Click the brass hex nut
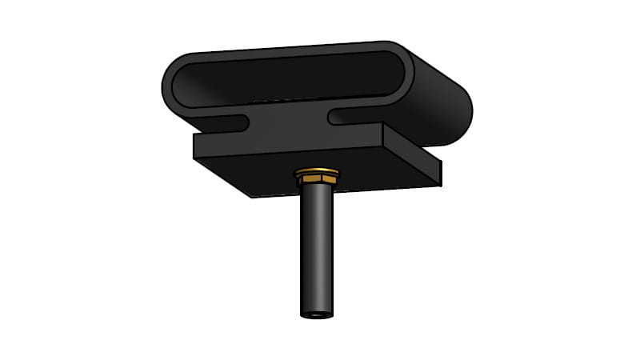(x=317, y=174)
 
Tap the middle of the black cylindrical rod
(x=317, y=248)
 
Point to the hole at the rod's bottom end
(x=317, y=314)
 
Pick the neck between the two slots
(x=288, y=120)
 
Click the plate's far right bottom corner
(x=440, y=185)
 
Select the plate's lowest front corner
(x=252, y=197)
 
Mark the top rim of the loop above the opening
(x=288, y=50)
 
